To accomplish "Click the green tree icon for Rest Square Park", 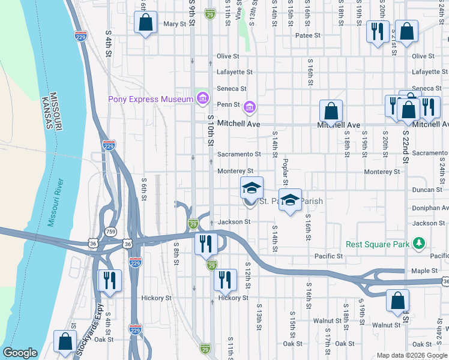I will pos(419,244).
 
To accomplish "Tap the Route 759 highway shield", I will pos(110,231).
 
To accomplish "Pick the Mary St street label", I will pos(175,25).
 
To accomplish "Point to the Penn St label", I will pos(229,104).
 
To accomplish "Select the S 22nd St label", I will pos(406,146).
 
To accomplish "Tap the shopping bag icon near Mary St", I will pos(145,23).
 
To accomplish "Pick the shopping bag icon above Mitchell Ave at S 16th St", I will pos(331,111).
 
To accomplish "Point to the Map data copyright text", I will pos(412,355).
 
